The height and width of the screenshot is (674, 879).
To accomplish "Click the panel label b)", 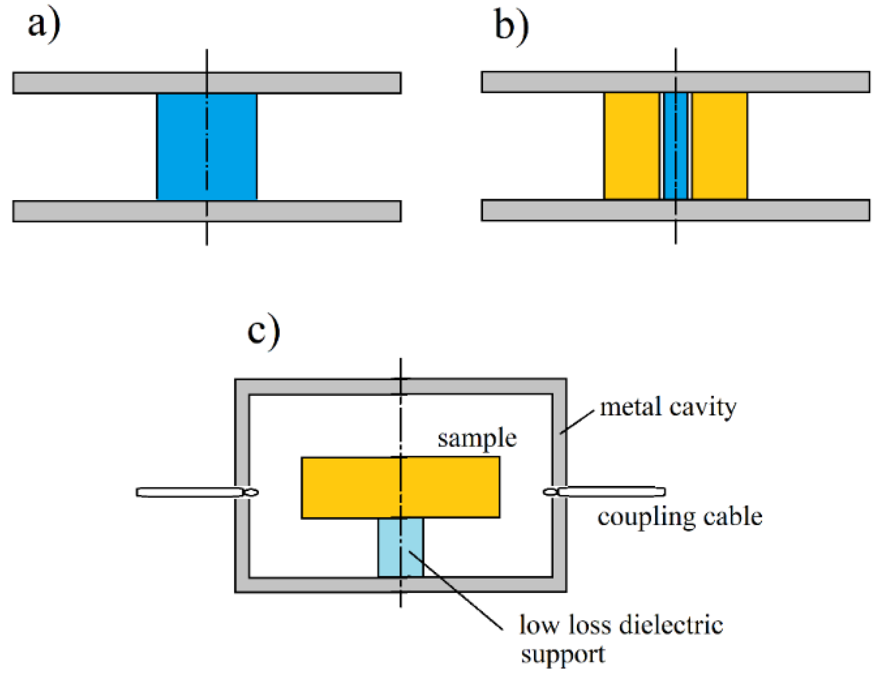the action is (x=511, y=26).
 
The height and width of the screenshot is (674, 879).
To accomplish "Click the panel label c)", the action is (x=263, y=331).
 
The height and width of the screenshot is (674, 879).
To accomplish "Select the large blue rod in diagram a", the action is (x=207, y=146).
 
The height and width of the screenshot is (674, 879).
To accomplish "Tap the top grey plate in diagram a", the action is (x=207, y=83).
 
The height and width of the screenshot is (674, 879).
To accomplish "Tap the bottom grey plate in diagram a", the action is (x=207, y=211).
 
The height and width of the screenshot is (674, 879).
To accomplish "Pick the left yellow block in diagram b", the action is (x=631, y=146).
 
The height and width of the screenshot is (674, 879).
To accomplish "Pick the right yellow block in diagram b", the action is (x=720, y=146).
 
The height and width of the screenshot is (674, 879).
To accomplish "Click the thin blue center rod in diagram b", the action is (x=676, y=146).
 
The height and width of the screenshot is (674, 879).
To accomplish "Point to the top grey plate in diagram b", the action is (x=676, y=82).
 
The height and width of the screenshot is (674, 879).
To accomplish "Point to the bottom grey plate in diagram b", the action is (x=676, y=210).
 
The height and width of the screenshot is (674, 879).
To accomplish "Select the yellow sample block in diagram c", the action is (x=400, y=487).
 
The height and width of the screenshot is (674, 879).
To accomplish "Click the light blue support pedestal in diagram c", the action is (x=401, y=548).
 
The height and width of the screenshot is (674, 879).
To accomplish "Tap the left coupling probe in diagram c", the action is (x=197, y=492).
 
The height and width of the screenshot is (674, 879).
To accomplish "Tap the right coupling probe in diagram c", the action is (x=604, y=492).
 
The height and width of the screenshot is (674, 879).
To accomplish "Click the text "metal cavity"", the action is (x=668, y=407).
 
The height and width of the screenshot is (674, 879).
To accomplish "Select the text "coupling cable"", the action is (x=680, y=517).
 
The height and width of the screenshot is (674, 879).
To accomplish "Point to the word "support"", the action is (x=563, y=655).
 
